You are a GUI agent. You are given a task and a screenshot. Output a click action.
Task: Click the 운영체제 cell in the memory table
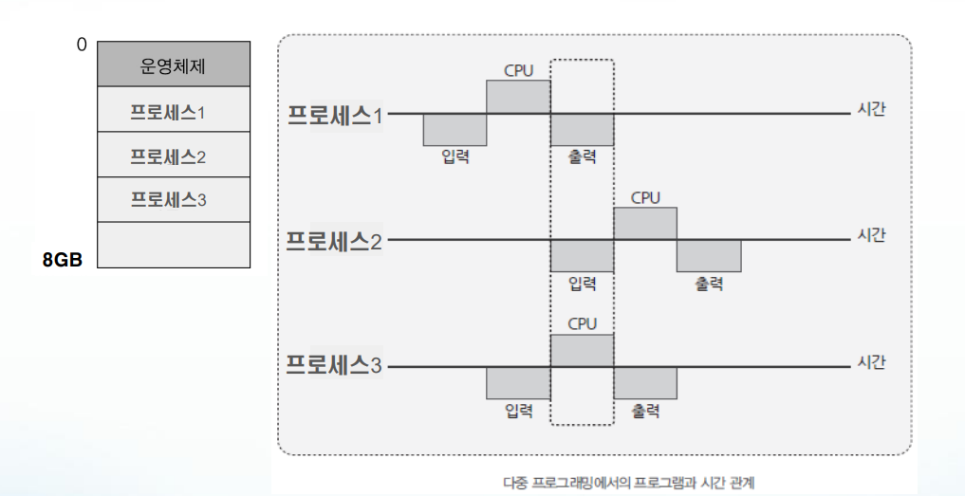pos(174,65)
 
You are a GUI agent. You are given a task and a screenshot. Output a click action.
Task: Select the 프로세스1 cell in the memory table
pos(174,111)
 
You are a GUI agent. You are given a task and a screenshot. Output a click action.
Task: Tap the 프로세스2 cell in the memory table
pos(174,156)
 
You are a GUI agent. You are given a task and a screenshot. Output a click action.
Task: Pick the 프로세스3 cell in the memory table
pos(174,200)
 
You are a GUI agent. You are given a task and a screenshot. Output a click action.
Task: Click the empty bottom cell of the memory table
pos(174,245)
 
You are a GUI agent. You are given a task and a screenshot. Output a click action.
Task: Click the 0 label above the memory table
pos(82,45)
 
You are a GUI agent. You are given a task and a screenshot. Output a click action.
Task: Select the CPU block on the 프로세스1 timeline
pos(518,97)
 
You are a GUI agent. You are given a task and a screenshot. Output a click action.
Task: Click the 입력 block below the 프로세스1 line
pos(455,130)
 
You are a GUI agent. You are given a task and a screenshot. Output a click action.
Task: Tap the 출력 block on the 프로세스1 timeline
pos(582,130)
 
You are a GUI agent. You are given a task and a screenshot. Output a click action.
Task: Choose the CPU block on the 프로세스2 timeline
pos(645,224)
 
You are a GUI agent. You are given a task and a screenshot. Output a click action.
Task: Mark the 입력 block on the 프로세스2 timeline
pos(582,256)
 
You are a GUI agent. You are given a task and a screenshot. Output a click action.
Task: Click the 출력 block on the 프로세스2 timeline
pos(709,256)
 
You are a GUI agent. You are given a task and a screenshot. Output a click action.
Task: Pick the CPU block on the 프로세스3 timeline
pos(582,350)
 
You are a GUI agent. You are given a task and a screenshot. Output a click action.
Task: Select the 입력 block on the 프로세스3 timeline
pos(518,382)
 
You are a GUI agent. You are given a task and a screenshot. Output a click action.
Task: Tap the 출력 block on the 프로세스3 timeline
pos(645,382)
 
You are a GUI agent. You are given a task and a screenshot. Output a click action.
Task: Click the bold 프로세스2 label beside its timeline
pos(335,241)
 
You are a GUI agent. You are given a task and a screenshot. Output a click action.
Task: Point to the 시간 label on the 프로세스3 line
pos(871,362)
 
